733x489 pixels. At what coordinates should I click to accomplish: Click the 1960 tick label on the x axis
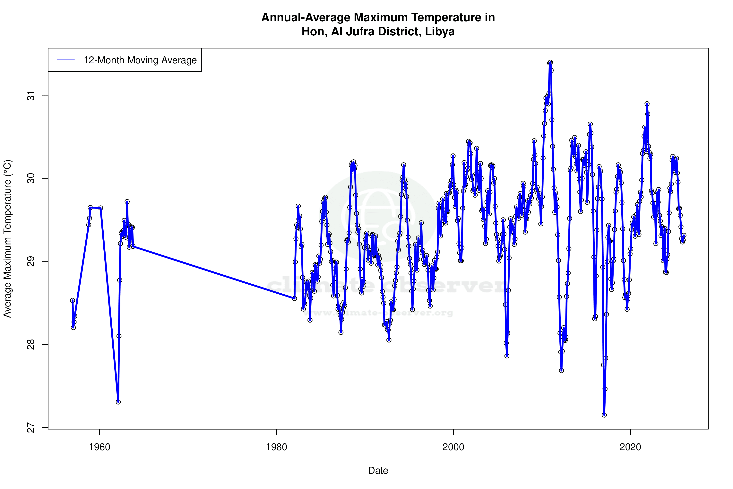(99, 447)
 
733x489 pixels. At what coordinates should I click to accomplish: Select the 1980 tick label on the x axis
(276, 447)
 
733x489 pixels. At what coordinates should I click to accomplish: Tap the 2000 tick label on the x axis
(453, 447)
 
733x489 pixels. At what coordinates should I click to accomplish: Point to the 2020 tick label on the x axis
(630, 447)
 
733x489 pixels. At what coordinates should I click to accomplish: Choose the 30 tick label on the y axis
(31, 178)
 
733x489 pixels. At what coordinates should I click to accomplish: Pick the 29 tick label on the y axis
(31, 261)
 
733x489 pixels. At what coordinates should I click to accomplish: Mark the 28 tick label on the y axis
(31, 344)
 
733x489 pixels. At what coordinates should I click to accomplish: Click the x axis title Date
(378, 471)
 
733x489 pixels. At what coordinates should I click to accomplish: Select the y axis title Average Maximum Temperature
(7, 239)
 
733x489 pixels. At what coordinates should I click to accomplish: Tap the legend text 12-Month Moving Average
(140, 60)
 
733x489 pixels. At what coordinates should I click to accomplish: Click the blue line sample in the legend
(66, 60)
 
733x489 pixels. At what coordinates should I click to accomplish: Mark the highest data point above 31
(550, 62)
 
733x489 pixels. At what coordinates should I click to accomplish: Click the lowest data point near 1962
(118, 402)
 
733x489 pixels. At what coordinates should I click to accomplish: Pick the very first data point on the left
(72, 300)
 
